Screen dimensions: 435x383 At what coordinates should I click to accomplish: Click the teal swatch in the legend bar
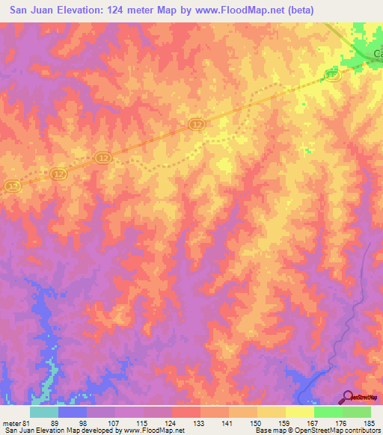pyautogui.click(x=44, y=411)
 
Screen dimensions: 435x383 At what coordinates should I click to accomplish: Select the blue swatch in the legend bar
pyautogui.click(x=73, y=411)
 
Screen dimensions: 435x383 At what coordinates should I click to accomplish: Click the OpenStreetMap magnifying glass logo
pyautogui.click(x=348, y=398)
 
